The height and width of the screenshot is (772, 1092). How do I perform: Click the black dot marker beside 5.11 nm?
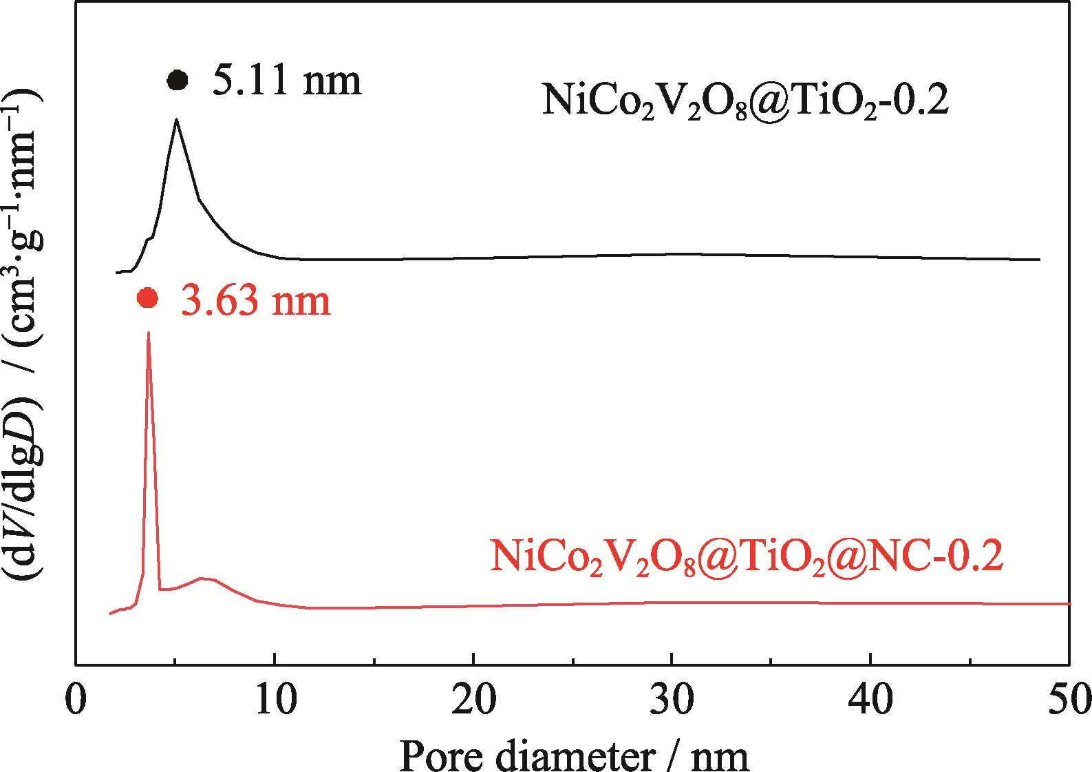(x=178, y=81)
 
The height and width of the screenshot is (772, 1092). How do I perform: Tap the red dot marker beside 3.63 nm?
(x=148, y=298)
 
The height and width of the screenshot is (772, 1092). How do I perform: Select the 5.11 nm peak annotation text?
(x=286, y=81)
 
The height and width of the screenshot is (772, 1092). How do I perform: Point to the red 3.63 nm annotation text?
(x=256, y=302)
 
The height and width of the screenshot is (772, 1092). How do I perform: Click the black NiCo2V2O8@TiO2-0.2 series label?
(x=745, y=101)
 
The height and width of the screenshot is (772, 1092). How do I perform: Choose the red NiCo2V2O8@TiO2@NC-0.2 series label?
(x=747, y=557)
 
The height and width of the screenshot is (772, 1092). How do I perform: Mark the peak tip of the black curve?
(x=177, y=120)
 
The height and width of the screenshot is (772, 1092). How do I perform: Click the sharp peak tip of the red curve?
(x=149, y=333)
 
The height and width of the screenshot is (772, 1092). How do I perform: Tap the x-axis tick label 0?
(x=76, y=700)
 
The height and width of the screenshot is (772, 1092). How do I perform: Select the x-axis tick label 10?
(x=275, y=700)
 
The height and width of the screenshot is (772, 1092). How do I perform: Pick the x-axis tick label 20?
(x=473, y=700)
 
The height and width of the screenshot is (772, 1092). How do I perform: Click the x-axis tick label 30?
(x=672, y=700)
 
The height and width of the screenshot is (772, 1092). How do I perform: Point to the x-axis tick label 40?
(x=870, y=700)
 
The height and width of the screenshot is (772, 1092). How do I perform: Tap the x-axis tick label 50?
(x=1069, y=700)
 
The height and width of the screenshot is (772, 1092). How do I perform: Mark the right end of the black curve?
(x=1039, y=260)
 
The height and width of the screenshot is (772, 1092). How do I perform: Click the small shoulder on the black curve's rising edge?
(x=149, y=238)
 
